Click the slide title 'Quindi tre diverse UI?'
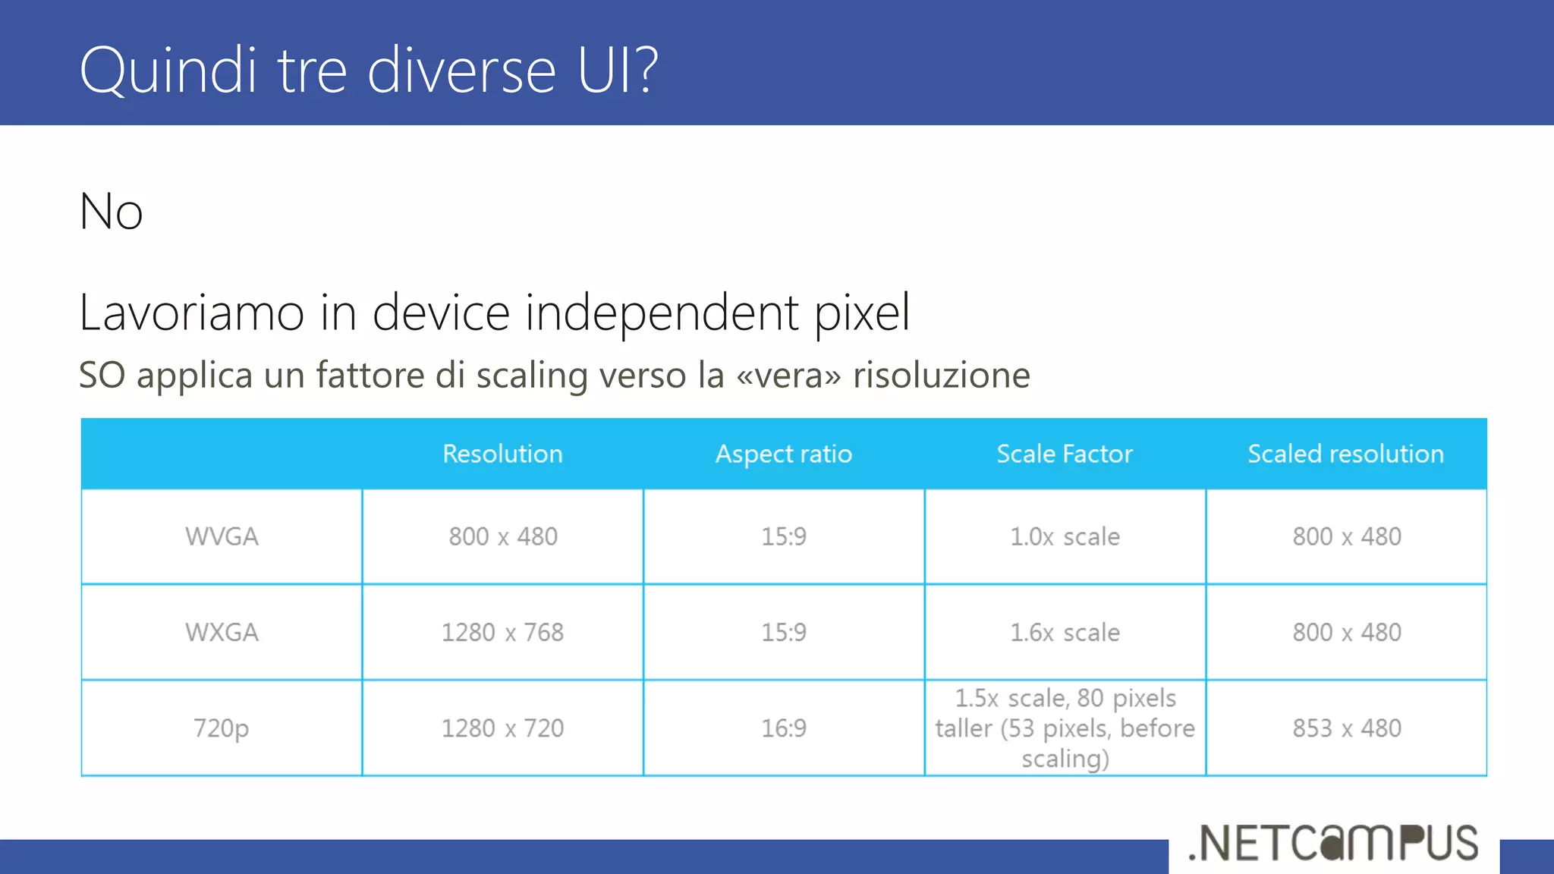369,70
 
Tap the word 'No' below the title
111,212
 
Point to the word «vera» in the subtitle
788,375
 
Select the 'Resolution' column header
502,454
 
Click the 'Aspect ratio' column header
783,454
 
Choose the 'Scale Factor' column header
1064,454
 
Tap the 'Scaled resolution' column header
1345,454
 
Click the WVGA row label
222,536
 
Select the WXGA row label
222,632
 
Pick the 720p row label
222,728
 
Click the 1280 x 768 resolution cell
502,632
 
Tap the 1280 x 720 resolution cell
502,728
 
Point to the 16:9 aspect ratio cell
783,728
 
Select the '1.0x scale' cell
1064,536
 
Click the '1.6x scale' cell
1064,632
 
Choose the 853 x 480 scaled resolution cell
1346,728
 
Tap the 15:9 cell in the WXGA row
783,632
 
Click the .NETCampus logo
1333,843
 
